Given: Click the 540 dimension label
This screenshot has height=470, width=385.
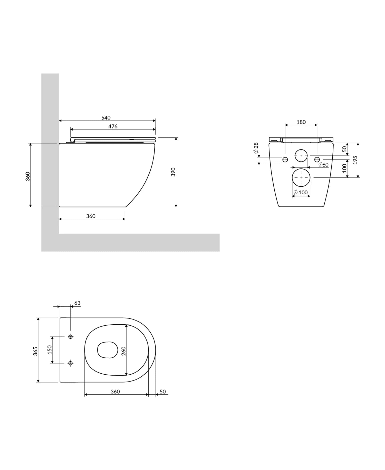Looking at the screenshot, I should pos(106,118).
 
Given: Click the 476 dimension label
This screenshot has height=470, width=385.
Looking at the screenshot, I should pos(113,126).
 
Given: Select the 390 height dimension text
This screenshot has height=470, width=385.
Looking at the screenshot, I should pos(173,172).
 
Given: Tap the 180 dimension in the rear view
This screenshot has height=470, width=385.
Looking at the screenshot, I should pos(301,122).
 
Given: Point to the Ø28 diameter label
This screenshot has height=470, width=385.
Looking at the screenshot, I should pos(256,148).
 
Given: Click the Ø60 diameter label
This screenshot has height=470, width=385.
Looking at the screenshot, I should pos(323,165).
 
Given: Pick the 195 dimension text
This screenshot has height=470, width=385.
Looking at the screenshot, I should pos(355,160).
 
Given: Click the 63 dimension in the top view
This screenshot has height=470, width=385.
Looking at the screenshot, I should pos(77,303).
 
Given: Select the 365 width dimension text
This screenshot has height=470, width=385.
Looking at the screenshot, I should pos(35,351).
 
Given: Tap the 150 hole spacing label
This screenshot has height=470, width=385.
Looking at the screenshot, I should pos(50,350).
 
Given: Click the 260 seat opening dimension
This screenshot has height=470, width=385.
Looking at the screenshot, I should pos(123,351).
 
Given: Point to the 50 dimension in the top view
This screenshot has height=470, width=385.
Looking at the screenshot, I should pos(162,392).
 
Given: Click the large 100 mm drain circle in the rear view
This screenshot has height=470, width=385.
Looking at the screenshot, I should pos(301,177).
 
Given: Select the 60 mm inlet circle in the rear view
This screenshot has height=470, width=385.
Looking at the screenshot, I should pos(301,156).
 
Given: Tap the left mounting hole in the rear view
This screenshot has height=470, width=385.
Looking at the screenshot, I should pos(285,159).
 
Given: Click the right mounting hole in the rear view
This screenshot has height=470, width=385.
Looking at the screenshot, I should pos(317,159).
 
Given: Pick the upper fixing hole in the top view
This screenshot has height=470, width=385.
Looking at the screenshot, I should pos(71,337).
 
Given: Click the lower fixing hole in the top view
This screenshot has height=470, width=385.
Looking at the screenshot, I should pos(71,363).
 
